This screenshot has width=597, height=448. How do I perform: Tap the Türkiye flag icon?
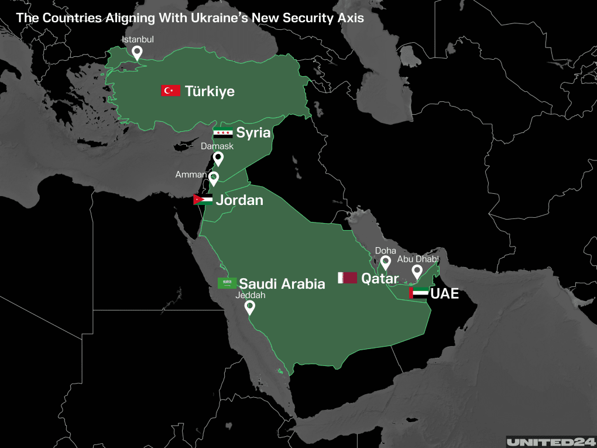click(170, 91)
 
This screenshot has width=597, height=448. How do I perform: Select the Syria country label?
click(253, 133)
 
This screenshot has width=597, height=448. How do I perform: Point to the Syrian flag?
click(222, 133)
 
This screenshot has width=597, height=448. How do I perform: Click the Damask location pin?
click(218, 159)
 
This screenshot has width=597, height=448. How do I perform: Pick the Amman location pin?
click(214, 179)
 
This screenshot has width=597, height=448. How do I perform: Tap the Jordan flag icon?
click(203, 200)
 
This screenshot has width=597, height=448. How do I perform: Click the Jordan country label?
click(239, 200)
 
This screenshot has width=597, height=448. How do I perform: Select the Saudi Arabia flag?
click(227, 283)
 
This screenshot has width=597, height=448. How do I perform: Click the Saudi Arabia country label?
click(282, 284)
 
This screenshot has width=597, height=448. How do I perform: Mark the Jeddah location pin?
click(250, 307)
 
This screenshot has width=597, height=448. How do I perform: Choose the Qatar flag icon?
click(347, 278)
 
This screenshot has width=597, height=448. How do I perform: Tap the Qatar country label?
click(380, 279)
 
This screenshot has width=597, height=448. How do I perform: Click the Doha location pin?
click(385, 263)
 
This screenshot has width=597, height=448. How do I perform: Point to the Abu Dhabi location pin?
click(417, 272)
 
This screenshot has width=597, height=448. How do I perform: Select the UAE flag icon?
click(418, 293)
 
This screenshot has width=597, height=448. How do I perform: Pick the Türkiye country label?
click(210, 91)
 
